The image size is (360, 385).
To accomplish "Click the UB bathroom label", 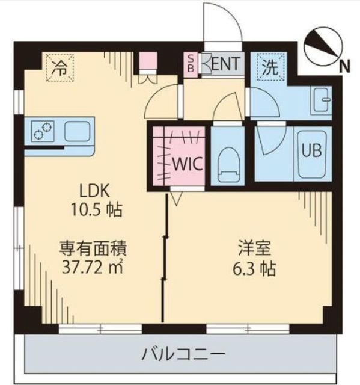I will click(312, 151).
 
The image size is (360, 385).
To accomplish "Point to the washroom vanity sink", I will click(320, 97).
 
